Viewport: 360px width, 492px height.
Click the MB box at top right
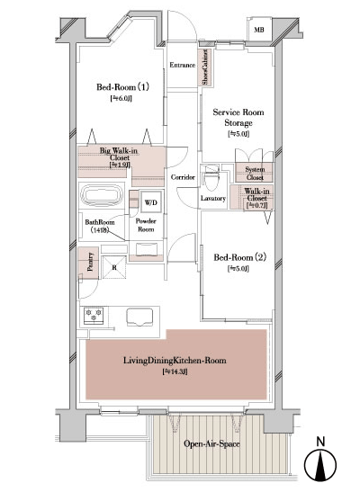tap(259, 31)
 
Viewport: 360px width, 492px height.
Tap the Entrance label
tap(183, 66)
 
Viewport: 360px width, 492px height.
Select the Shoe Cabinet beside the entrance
tap(205, 67)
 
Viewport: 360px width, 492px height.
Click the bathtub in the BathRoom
tap(103, 196)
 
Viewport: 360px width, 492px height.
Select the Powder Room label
tap(146, 225)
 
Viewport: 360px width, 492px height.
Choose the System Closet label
tap(255, 174)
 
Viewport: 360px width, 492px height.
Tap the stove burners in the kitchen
tap(93, 316)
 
